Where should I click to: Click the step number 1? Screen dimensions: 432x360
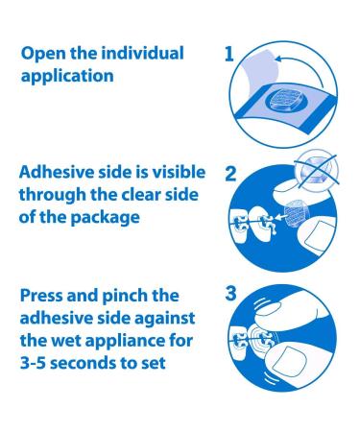pos(228,54)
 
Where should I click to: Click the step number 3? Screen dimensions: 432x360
pos(228,288)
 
